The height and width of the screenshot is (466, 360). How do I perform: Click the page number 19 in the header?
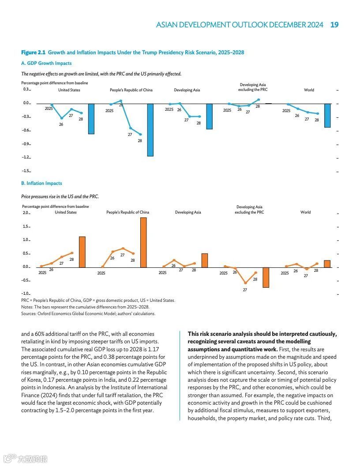pos(334,25)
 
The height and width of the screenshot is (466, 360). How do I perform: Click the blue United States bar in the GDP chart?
pos(91,119)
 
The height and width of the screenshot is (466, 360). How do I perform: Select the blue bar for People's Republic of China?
pos(150,130)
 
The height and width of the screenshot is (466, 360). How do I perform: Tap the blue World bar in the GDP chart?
pos(327,116)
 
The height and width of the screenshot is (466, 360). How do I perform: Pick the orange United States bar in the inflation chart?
pos(82,252)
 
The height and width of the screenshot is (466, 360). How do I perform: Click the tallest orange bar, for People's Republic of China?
pos(143,242)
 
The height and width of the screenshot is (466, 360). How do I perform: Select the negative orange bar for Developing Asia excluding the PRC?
pos(266,277)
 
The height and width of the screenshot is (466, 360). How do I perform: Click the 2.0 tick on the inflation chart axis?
pos(26,213)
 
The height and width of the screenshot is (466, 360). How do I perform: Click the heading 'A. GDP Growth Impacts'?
pos(46,64)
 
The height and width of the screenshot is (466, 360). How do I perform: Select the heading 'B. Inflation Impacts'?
pos(41,184)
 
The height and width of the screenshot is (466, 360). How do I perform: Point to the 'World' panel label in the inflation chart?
pos(305,212)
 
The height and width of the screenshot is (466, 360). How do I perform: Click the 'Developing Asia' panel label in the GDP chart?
pos(187,90)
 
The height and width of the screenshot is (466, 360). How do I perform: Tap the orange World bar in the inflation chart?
pos(327,263)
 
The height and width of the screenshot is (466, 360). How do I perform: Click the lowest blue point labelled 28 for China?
pos(141,135)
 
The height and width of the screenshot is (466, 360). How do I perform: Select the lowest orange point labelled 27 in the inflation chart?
pos(245,283)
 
